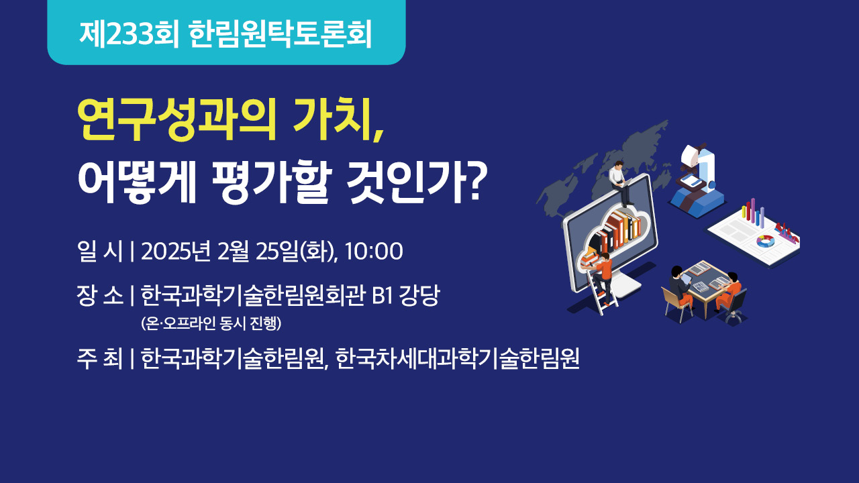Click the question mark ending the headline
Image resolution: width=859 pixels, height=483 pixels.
[x=477, y=181]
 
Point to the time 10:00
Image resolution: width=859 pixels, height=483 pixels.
[x=374, y=252]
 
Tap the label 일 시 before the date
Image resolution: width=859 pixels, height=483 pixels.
[x=100, y=252]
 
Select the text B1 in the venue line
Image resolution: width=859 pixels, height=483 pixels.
[x=383, y=296]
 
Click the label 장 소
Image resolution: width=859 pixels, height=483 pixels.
[x=100, y=296]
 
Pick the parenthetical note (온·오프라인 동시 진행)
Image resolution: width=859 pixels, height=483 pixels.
[x=211, y=323]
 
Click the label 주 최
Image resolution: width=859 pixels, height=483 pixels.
[x=100, y=358]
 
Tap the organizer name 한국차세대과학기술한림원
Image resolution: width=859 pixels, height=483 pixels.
[x=457, y=358]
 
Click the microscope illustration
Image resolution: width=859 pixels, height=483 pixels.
[x=696, y=180]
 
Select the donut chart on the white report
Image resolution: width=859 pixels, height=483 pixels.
[x=766, y=241]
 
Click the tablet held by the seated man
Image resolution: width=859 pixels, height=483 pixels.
[x=687, y=280]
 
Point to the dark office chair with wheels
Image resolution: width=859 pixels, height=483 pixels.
[x=734, y=307]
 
